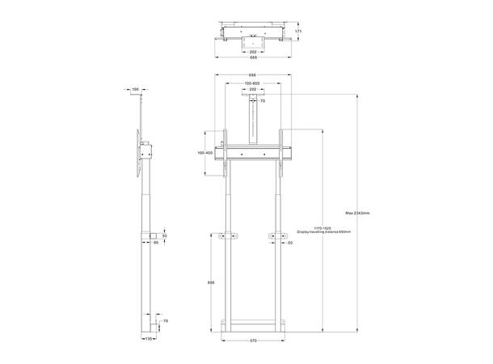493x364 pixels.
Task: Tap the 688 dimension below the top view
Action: pyautogui.click(x=254, y=57)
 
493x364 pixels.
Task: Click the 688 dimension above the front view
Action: pyautogui.click(x=254, y=75)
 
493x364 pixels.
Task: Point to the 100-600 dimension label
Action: pyautogui.click(x=254, y=83)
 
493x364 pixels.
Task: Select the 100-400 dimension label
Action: pyautogui.click(x=204, y=153)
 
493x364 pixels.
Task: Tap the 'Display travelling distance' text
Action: pyautogui.click(x=319, y=231)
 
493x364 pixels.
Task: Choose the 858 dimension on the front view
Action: pyautogui.click(x=212, y=282)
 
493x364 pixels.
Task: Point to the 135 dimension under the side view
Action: pyautogui.click(x=148, y=340)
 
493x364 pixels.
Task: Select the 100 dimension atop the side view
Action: pyautogui.click(x=135, y=88)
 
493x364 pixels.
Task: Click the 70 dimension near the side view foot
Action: pyautogui.click(x=165, y=321)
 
